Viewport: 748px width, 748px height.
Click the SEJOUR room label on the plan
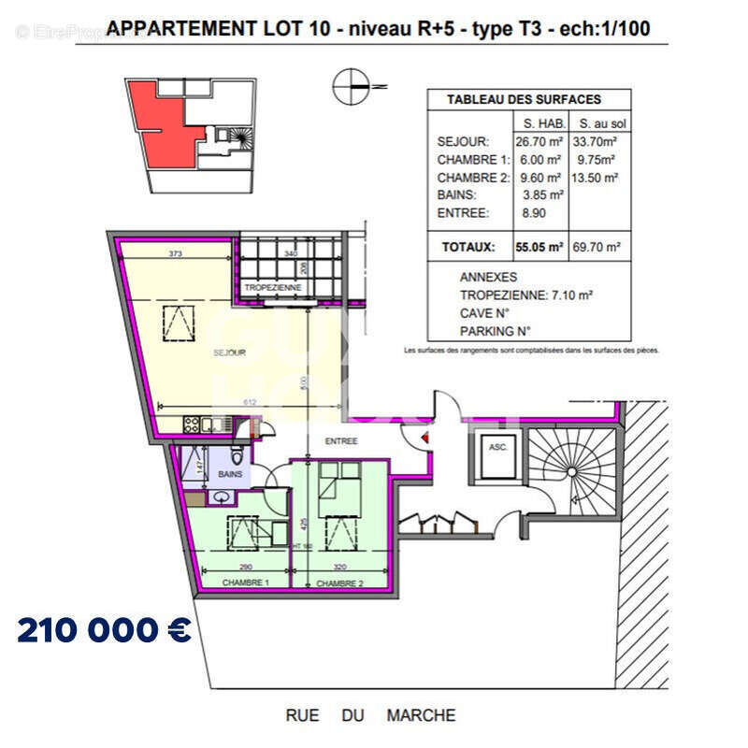click(229, 352)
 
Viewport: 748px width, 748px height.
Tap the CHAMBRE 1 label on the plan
click(245, 583)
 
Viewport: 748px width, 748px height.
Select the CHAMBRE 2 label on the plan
click(338, 583)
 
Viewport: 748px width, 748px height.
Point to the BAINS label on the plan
click(230, 474)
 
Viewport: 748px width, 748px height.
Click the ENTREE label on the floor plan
click(342, 440)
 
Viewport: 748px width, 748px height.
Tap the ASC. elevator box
click(497, 448)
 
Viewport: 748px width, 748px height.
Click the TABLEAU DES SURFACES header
click(524, 99)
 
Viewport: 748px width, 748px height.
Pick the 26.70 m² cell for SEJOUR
click(538, 142)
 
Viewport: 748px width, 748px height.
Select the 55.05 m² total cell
click(538, 248)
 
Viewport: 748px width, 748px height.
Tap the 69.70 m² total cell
click(597, 248)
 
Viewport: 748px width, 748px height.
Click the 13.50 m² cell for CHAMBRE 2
click(597, 178)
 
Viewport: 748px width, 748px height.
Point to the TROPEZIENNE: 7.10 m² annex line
click(526, 295)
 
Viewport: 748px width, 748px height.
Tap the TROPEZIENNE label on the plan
click(273, 288)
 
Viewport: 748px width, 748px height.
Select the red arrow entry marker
click(426, 436)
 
